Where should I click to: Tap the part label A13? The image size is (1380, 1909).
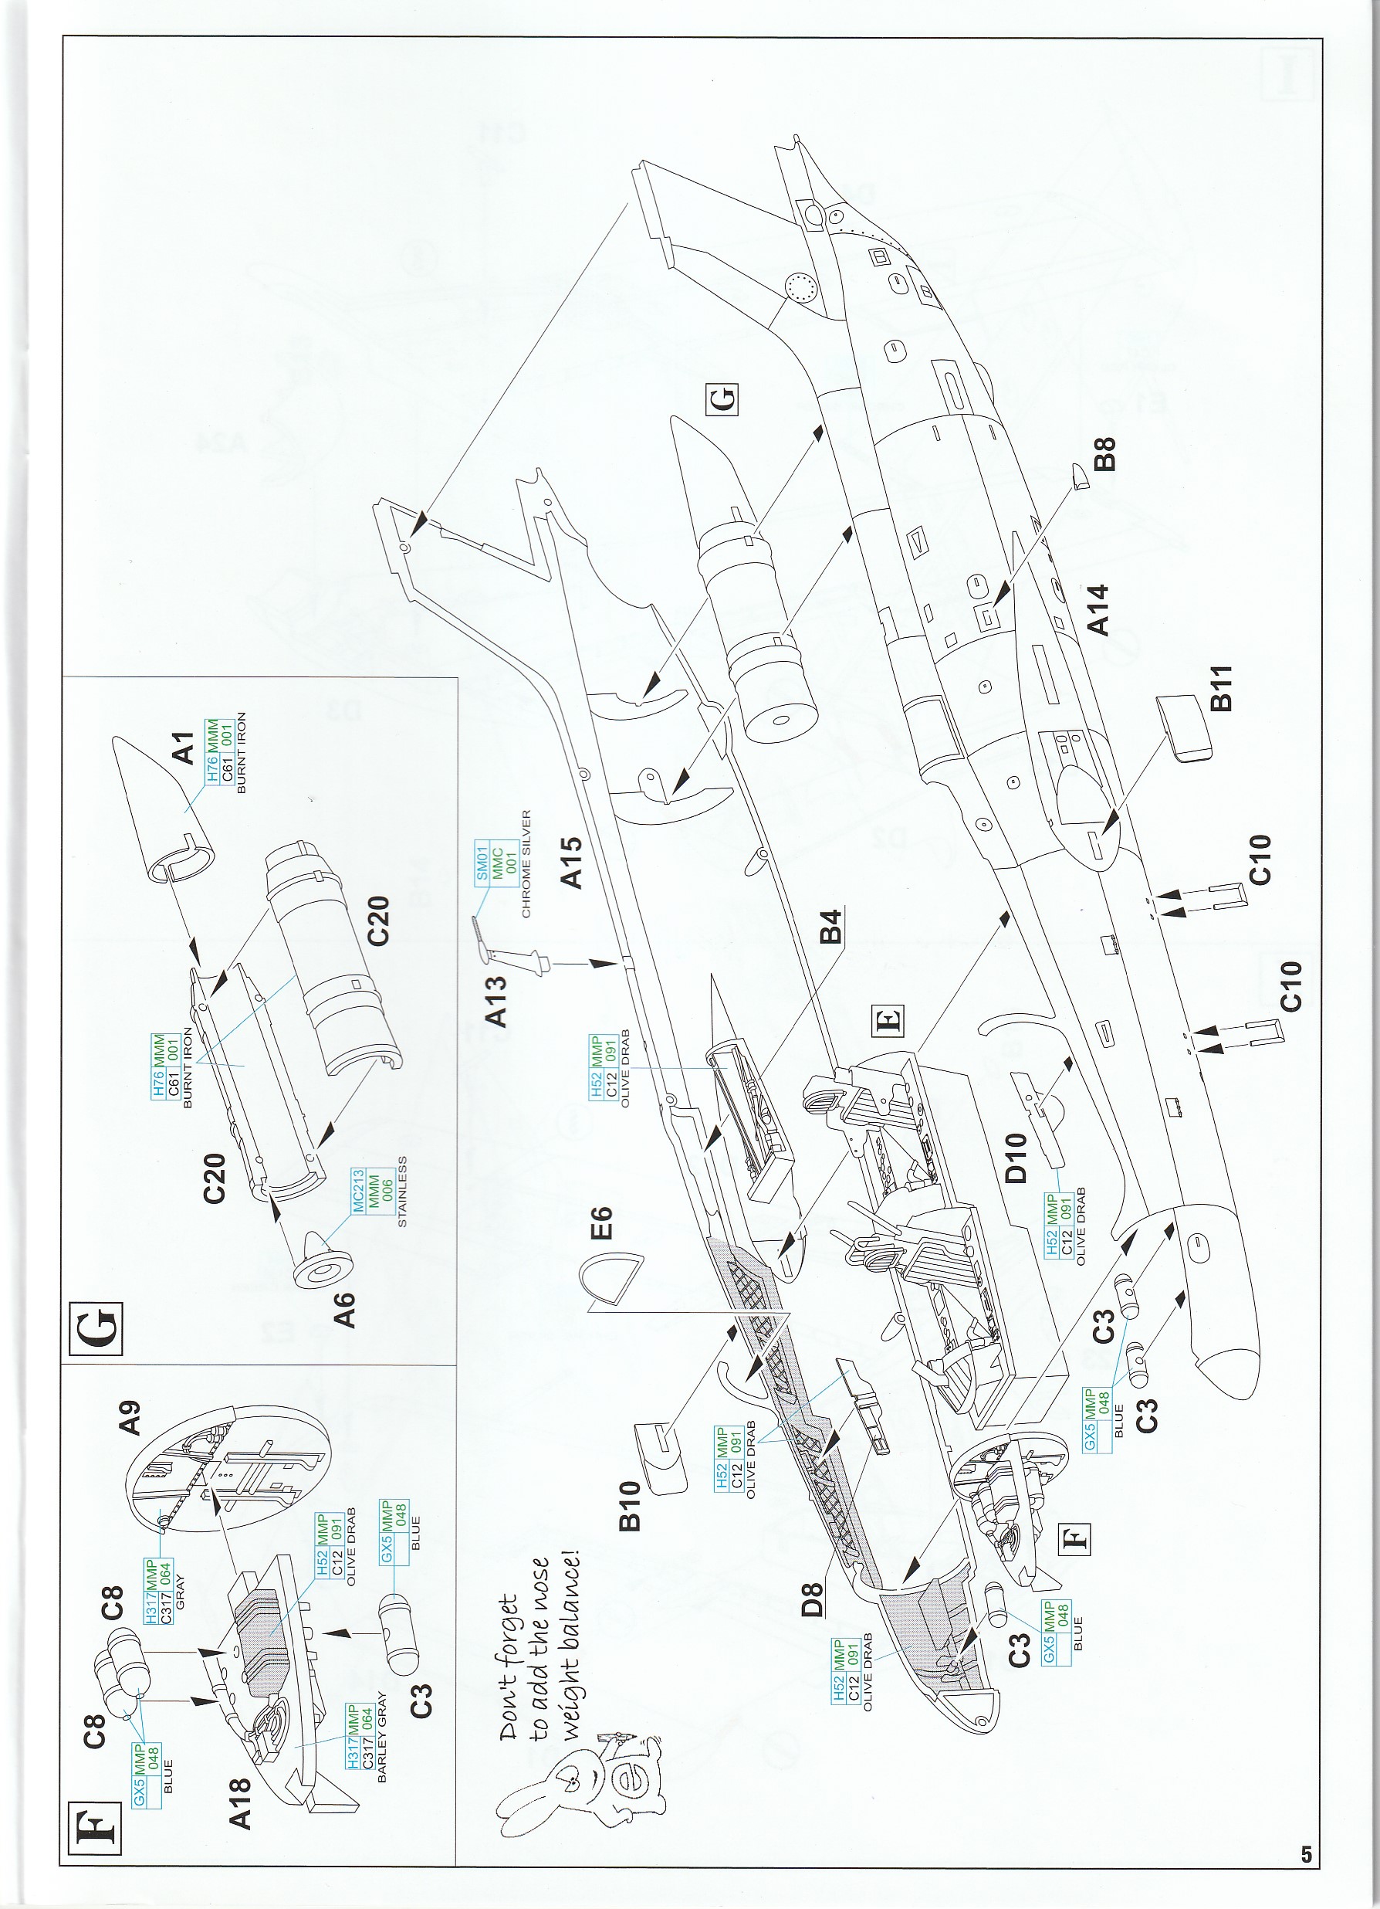497,1001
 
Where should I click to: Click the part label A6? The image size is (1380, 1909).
345,1309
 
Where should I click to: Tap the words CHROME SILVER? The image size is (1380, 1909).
526,863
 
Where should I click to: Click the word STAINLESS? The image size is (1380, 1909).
402,1191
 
